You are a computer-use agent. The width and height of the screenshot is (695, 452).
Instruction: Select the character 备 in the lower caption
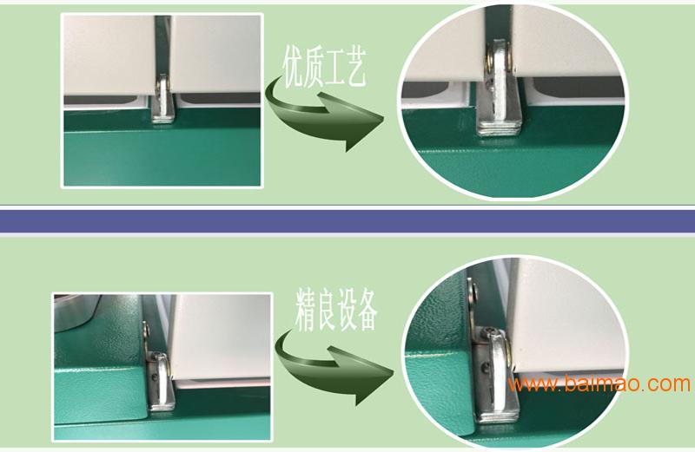[367, 310]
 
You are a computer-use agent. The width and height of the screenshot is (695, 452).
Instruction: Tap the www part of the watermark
[533, 385]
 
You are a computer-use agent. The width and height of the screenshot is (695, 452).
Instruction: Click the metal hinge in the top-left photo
[163, 100]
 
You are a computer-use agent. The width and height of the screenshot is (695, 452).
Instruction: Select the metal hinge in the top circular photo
[500, 88]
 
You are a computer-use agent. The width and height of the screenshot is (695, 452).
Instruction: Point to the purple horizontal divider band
[347, 221]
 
